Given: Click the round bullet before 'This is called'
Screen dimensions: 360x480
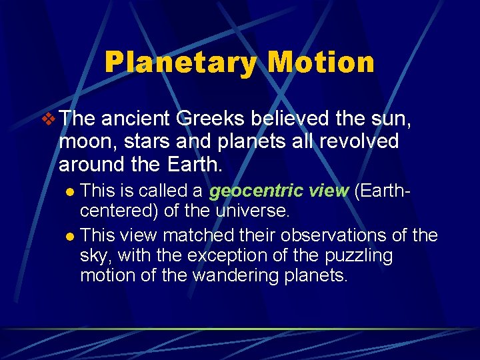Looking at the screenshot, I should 71,192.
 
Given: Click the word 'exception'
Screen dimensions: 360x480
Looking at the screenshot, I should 220,256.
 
